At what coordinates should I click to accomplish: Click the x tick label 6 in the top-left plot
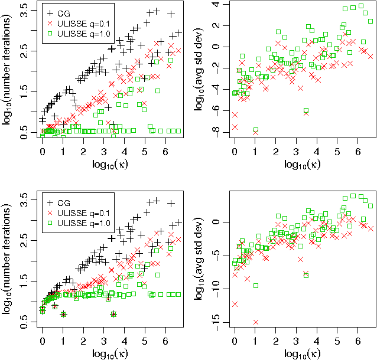pyautogui.click(x=165, y=152)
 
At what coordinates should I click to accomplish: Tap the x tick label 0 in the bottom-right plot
pyautogui.click(x=235, y=341)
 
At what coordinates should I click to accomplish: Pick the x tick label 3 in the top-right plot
pyautogui.click(x=297, y=152)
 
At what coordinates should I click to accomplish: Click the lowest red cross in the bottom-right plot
pyautogui.click(x=256, y=322)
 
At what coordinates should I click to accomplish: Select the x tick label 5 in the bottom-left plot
pyautogui.click(x=145, y=341)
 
